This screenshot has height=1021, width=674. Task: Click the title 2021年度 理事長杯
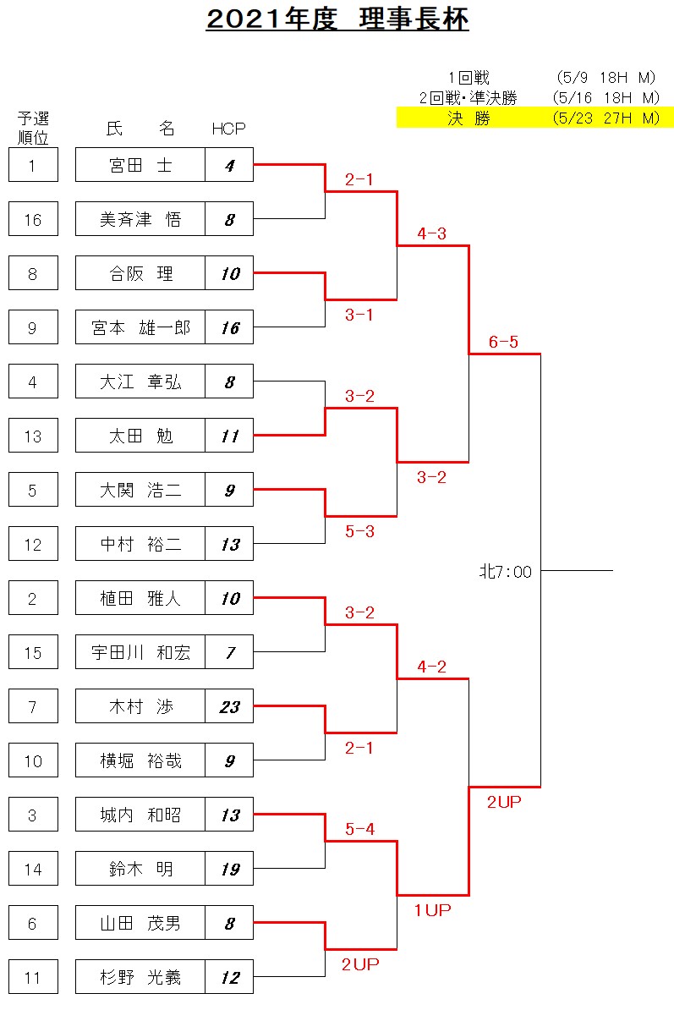337,19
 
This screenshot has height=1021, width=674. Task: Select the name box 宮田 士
140,165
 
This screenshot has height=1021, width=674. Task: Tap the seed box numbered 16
33,219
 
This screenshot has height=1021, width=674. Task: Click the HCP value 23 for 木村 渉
229,706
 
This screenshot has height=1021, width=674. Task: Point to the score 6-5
503,342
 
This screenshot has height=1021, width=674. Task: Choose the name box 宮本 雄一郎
140,327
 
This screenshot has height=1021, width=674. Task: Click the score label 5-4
359,829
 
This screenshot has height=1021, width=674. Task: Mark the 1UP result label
432,910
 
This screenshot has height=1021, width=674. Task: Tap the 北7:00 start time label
506,572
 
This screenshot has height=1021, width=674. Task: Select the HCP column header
229,129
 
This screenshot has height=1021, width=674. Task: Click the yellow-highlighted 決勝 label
469,118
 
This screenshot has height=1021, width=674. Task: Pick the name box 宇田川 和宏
140,652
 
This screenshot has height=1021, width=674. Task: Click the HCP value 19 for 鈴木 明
229,868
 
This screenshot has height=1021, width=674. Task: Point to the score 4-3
431,233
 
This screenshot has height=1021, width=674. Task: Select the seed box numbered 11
33,977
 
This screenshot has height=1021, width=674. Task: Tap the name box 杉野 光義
140,977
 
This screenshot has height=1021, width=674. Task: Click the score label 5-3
359,531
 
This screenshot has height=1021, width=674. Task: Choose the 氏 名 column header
140,129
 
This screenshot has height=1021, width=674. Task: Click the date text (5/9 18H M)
606,78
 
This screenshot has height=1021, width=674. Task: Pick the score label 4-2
431,667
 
